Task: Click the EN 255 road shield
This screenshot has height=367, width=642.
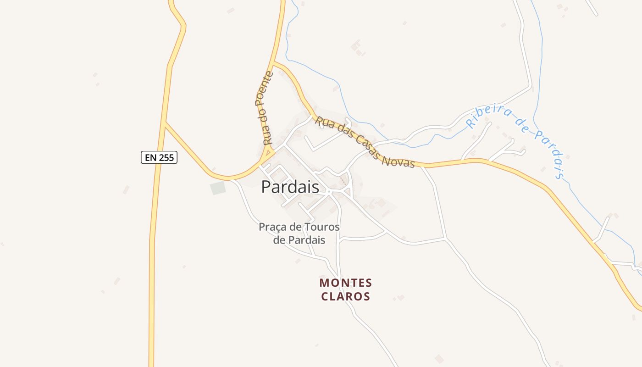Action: click(159, 157)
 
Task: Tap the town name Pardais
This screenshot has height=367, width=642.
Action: click(290, 187)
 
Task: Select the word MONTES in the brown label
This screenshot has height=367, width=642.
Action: click(346, 283)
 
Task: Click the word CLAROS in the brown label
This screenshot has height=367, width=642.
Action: click(346, 296)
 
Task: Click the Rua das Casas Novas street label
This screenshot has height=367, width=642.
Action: click(365, 141)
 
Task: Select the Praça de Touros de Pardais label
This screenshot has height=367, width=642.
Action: click(299, 233)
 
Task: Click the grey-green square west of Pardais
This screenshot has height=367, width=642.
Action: click(218, 188)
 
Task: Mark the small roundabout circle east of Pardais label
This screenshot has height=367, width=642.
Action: click(329, 191)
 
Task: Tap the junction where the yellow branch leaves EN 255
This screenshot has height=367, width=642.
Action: click(164, 123)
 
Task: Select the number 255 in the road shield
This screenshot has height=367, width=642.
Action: click(166, 157)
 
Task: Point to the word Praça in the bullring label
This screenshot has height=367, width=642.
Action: click(271, 227)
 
